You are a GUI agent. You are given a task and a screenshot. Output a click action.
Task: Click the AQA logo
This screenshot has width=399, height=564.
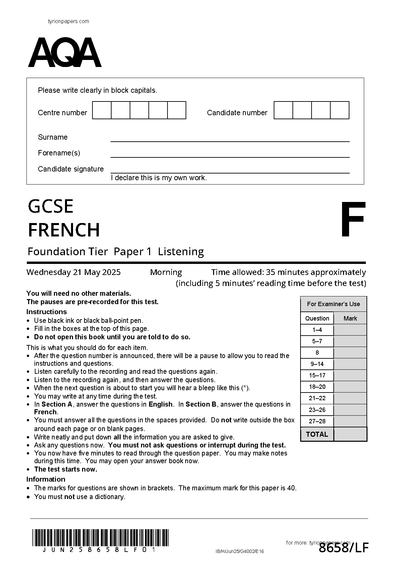[65, 53]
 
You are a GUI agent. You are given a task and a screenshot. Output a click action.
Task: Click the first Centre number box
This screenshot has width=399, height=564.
[102, 110]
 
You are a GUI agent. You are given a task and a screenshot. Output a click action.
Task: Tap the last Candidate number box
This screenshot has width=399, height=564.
[340, 110]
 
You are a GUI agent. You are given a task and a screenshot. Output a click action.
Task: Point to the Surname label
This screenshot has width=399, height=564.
[53, 137]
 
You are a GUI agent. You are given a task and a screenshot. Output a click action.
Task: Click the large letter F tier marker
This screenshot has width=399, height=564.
[352, 220]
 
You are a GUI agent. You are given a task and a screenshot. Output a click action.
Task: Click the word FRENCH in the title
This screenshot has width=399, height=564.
[64, 230]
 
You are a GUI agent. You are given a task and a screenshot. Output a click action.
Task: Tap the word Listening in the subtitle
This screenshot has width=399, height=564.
[181, 252]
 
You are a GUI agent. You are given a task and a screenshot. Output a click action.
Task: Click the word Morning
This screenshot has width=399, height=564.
[166, 272]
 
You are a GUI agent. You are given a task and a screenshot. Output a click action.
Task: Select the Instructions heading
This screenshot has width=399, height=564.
[47, 312]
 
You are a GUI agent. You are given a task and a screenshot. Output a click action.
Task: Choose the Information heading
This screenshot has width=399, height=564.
[46, 479]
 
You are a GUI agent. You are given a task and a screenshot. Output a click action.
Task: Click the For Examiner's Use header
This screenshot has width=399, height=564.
[333, 304]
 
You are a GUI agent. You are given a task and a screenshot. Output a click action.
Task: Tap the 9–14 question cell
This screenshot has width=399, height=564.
[317, 364]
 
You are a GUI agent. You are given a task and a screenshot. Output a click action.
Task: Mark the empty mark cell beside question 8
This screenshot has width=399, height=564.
[350, 353]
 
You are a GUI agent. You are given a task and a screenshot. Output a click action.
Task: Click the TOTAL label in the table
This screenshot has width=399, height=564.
[317, 434]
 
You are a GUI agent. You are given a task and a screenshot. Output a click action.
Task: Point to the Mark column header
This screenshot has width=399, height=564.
[350, 319]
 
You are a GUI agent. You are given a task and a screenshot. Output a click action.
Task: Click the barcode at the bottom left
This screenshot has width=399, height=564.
[101, 538]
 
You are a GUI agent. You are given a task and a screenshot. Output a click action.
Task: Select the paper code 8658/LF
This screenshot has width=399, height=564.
[343, 548]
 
